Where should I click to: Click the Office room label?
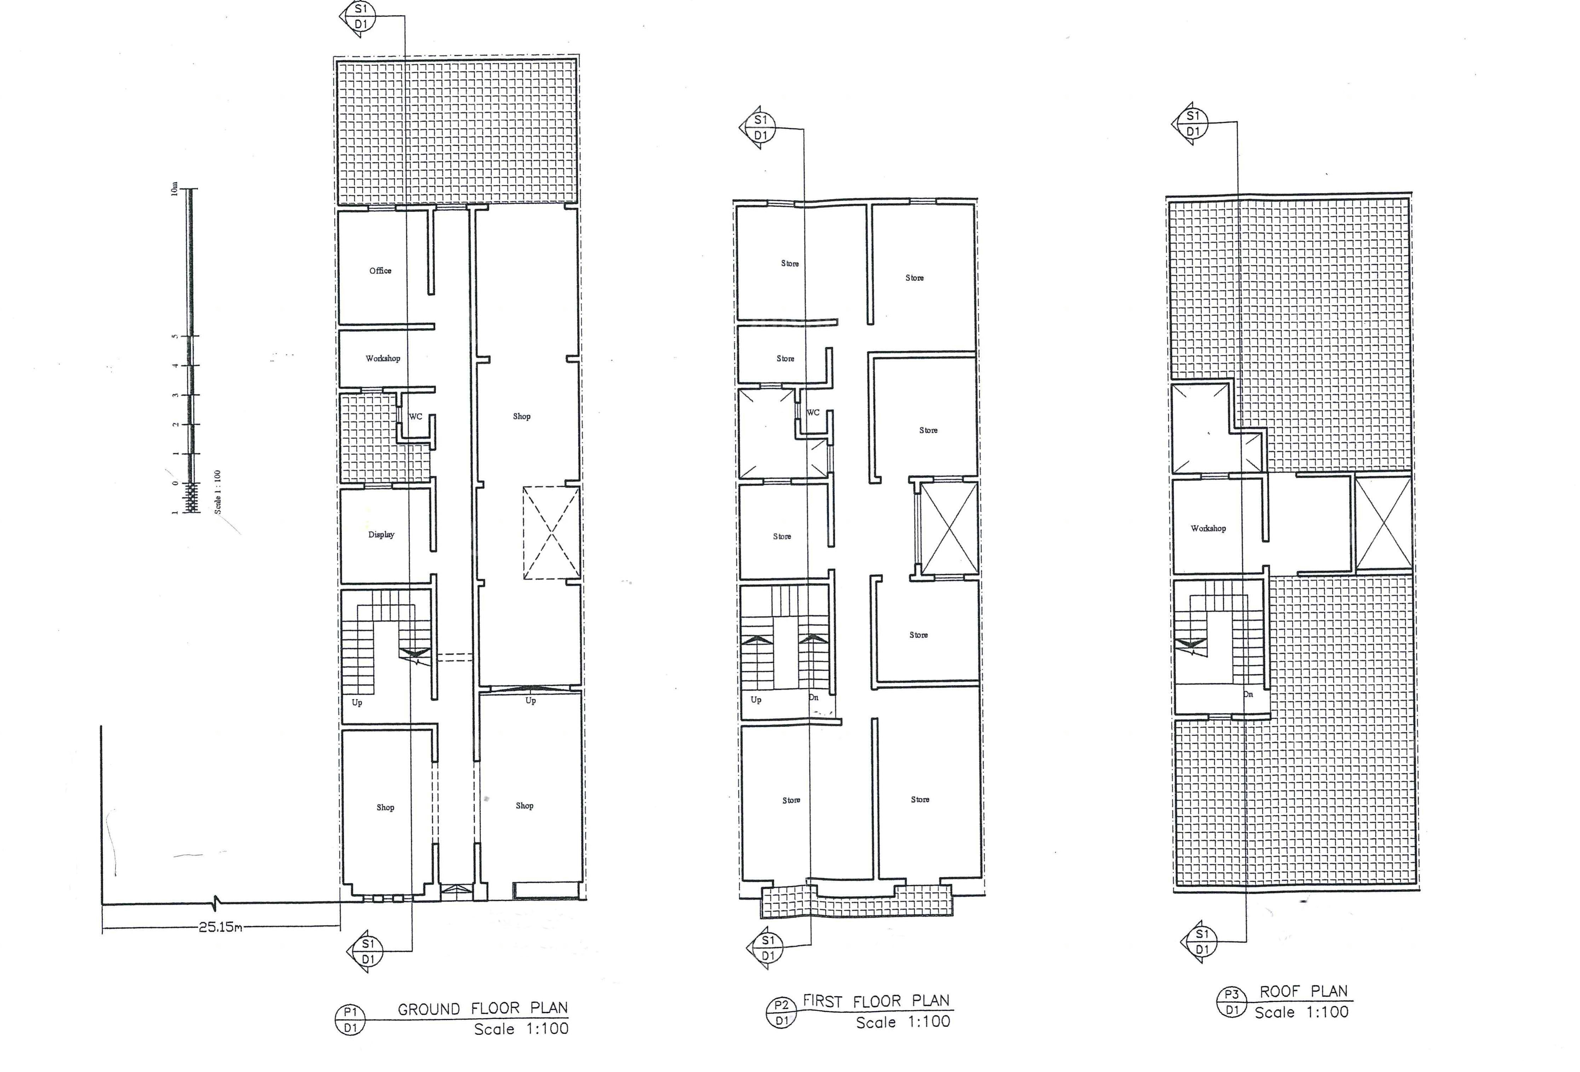coord(380,270)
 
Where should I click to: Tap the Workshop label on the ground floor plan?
coord(383,358)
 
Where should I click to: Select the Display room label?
coord(381,534)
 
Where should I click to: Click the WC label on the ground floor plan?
coord(415,417)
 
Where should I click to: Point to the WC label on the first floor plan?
coord(813,413)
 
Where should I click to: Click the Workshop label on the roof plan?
coord(1208,528)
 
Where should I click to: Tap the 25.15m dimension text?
coord(220,927)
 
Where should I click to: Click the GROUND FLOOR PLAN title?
coord(483,1009)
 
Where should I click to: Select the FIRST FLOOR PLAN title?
coord(876,1001)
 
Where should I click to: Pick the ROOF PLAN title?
coord(1303,992)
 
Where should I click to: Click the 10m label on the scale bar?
coord(175,189)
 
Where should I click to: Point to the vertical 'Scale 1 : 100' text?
coord(217,491)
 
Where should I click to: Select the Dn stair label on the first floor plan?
coord(814,698)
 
